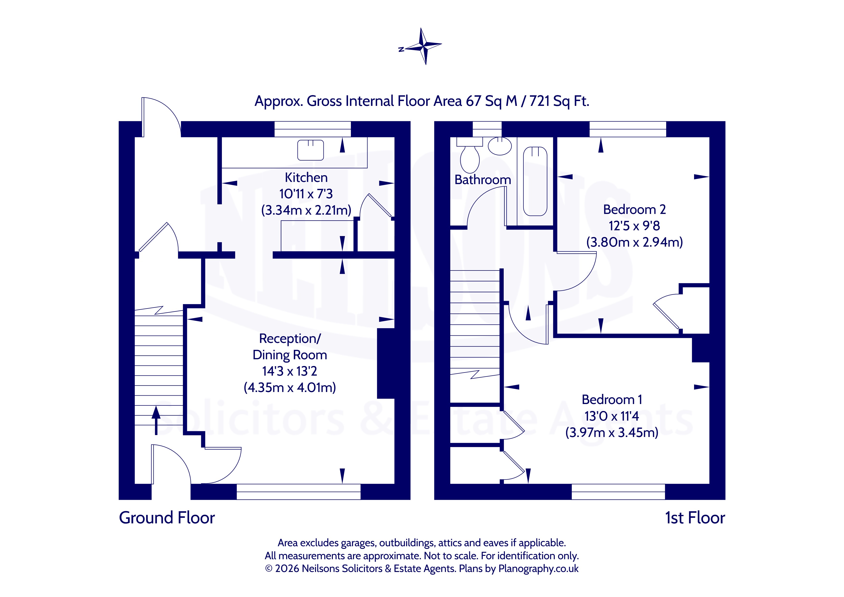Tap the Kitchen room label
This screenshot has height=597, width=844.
point(306,178)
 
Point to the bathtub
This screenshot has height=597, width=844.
point(535,181)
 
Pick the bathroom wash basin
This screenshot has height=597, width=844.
point(500,146)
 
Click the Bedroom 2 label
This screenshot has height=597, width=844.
point(634,210)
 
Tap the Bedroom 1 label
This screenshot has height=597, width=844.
point(612,400)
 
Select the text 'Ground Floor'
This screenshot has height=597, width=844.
point(167,518)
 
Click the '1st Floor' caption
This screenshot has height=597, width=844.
point(695,518)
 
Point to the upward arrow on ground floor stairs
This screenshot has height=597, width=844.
point(156,420)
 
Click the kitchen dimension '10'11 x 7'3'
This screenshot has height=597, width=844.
point(306,194)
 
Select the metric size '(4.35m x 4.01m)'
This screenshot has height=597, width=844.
point(290,387)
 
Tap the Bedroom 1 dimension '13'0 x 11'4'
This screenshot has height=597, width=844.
point(612,416)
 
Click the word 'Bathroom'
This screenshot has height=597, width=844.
point(483,180)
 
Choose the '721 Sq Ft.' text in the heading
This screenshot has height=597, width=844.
point(559,101)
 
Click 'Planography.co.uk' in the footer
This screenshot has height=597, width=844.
point(539,569)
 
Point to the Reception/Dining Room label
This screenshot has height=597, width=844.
point(290,347)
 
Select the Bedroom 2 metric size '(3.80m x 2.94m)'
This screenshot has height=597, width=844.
point(634,242)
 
